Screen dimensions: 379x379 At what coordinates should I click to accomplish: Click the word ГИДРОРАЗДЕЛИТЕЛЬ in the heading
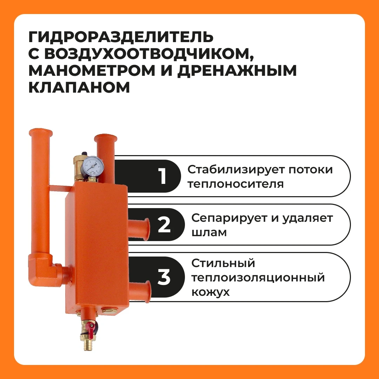121,37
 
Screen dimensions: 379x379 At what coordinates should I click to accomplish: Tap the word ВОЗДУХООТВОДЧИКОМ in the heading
147,54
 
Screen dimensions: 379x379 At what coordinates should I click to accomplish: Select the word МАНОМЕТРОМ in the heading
92,70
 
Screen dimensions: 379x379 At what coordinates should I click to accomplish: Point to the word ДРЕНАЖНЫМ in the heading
237,71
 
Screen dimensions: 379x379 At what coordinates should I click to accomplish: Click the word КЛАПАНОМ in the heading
79,87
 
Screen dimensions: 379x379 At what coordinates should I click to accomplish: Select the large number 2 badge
164,225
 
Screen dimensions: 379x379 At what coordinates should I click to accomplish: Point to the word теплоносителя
235,184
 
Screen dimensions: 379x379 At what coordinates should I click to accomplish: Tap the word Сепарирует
230,219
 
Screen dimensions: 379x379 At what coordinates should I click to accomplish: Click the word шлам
209,233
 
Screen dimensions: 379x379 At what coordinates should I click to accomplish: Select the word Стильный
223,263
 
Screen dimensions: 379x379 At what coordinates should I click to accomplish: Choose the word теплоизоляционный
258,278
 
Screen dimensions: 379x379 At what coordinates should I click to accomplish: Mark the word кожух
210,292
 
